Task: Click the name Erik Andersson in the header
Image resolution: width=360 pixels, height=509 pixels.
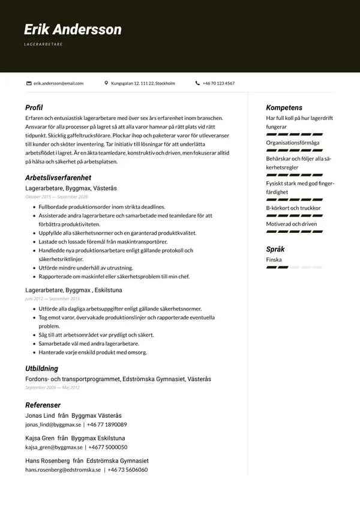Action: (73, 29)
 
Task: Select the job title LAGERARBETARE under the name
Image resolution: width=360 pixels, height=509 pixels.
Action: (43, 44)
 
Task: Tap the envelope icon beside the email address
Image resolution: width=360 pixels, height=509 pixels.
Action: (29, 83)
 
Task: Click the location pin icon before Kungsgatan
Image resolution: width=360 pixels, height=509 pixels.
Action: (106, 83)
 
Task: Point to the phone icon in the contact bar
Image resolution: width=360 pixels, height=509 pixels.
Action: (197, 83)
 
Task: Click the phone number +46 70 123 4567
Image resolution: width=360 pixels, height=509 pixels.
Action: (218, 83)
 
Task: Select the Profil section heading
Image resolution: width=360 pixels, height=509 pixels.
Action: (34, 107)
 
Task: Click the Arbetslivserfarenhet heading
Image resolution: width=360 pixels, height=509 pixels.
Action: (58, 178)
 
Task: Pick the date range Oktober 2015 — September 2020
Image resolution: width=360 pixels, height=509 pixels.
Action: (56, 197)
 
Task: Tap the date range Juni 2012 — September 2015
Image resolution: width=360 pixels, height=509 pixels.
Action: (52, 298)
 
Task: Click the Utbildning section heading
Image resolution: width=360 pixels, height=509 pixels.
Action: (41, 369)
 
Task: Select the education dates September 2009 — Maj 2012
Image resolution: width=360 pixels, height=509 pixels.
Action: (52, 388)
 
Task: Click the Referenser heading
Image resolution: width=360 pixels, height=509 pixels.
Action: (43, 405)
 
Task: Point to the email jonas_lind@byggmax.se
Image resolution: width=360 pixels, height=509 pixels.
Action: (53, 424)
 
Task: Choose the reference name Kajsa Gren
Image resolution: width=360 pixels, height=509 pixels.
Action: (40, 438)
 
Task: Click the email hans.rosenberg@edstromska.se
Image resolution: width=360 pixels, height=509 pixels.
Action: (63, 470)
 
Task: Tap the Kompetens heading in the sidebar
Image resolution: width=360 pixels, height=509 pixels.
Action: (284, 107)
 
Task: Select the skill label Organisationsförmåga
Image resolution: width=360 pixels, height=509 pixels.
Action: (293, 143)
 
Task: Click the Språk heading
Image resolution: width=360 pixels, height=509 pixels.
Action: (275, 249)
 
